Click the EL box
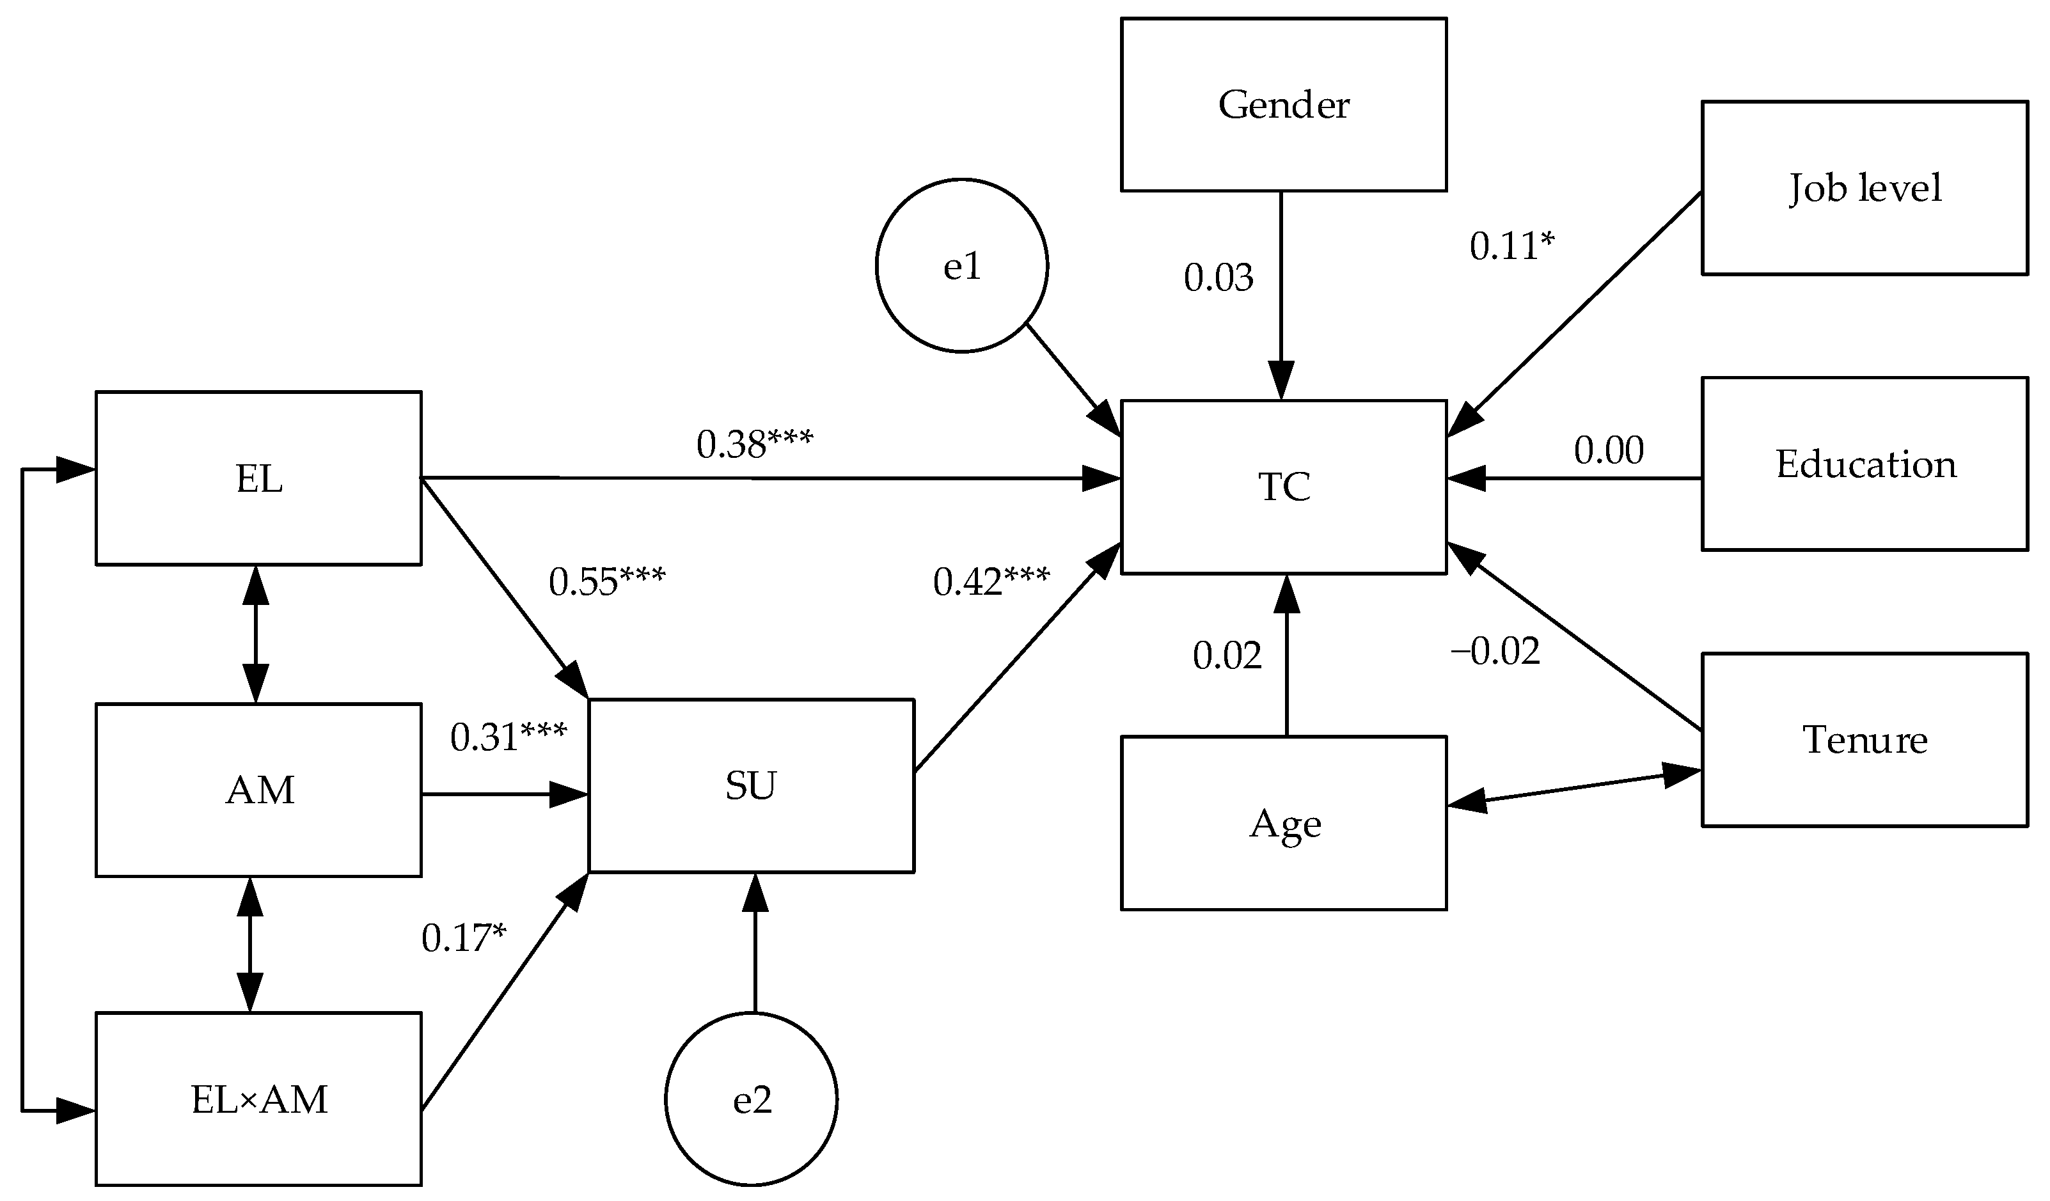258,479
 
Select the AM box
258,790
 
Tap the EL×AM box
258,1099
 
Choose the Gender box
1284,105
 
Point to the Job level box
1865,188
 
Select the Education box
1865,464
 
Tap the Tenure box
1865,740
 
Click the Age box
1284,824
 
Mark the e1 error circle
961,266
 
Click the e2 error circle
751,1099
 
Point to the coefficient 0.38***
754,444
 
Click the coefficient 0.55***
607,581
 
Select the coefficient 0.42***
991,581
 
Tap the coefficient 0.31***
509,737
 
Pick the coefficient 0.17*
464,938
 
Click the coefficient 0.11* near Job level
1511,246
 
